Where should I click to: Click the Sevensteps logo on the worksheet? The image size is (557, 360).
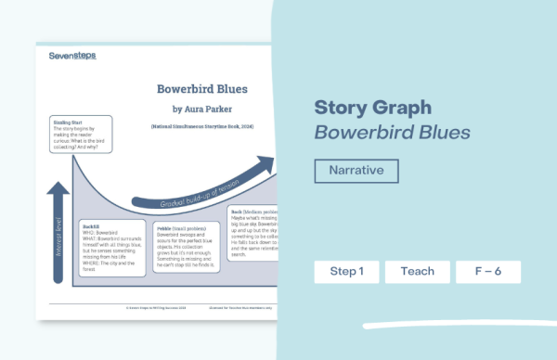point(71,56)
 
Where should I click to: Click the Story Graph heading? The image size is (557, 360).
point(374,107)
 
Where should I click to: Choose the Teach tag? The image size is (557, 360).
point(417,272)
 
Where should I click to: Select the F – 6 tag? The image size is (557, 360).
point(487,272)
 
